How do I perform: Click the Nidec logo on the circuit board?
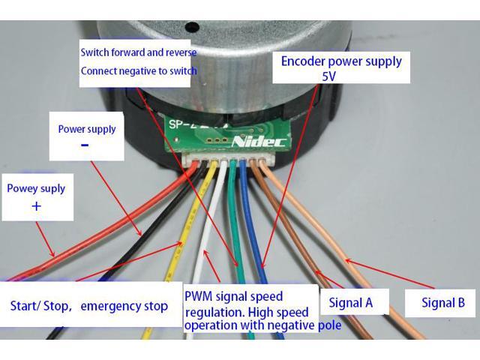259,141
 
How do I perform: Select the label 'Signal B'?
443,303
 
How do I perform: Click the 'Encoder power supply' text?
341,61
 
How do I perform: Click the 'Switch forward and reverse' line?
139,52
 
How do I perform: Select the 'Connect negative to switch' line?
139,71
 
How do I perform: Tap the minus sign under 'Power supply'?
84,145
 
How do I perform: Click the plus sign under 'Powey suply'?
36,205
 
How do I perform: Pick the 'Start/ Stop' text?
40,306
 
